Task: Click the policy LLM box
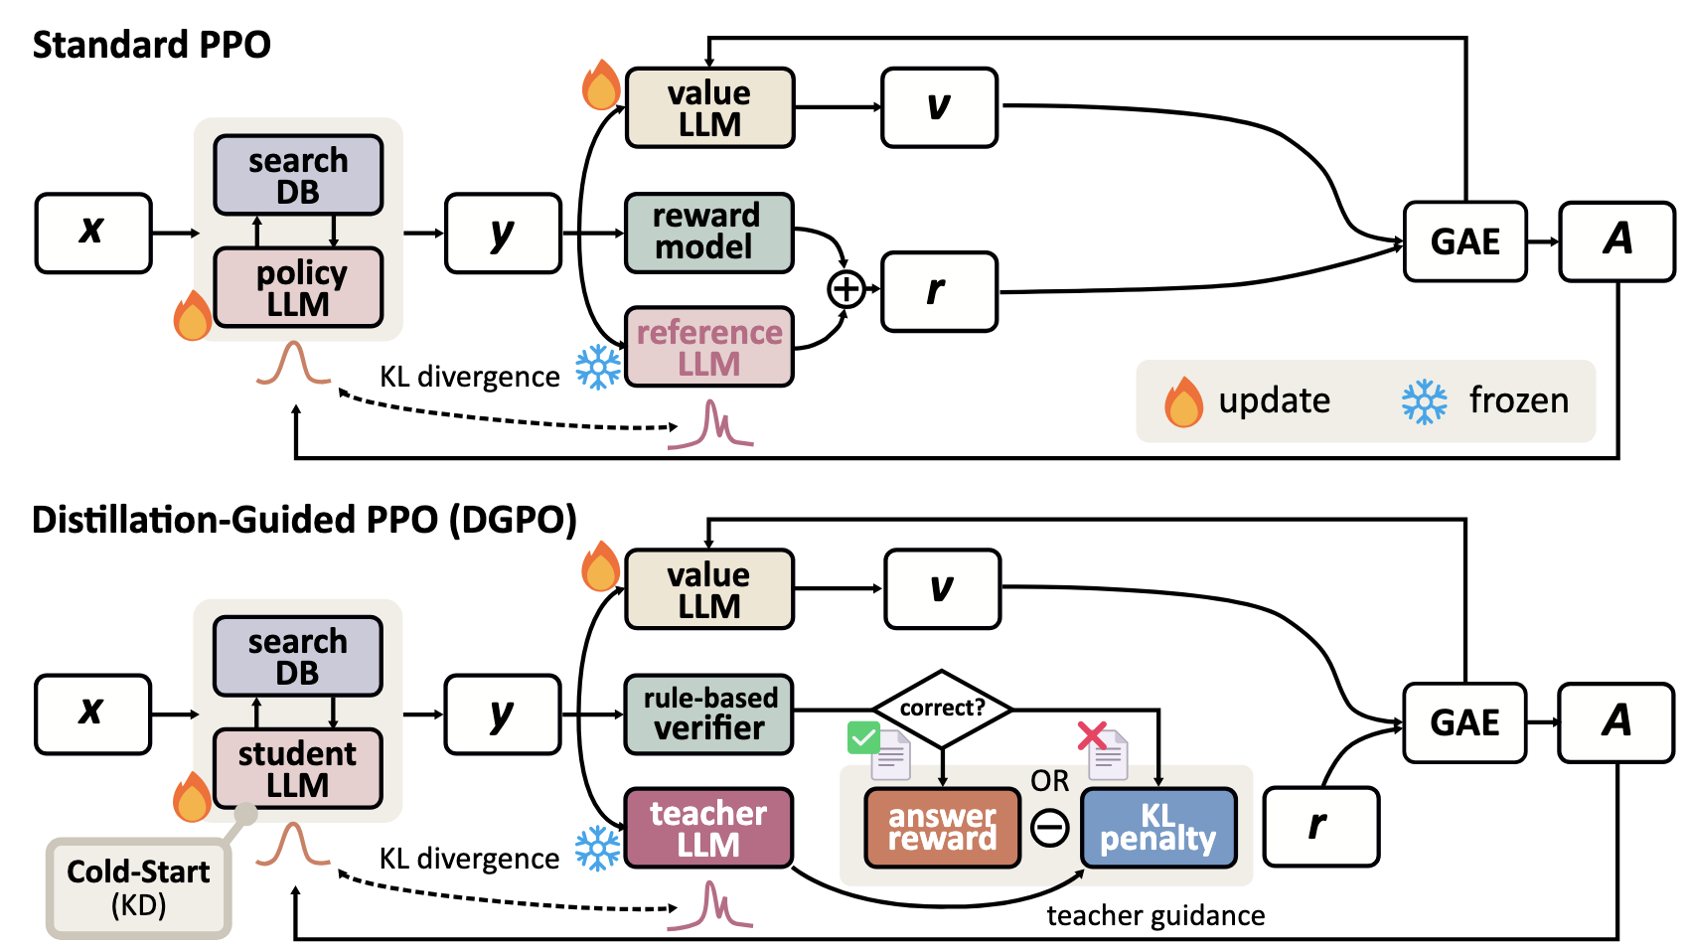(x=298, y=287)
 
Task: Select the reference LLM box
(x=708, y=347)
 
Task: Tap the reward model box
(x=708, y=233)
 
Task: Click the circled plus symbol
(x=846, y=289)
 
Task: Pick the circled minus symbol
(x=1049, y=827)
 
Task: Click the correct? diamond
(x=942, y=709)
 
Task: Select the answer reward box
(x=942, y=828)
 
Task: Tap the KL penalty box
(x=1157, y=828)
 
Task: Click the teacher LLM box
(x=708, y=828)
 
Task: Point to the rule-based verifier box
(x=708, y=714)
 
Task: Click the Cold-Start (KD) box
(x=138, y=887)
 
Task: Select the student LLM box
(x=298, y=768)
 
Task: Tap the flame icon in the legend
(x=1183, y=401)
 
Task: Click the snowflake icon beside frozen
(x=1424, y=401)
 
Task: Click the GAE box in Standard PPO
(x=1464, y=241)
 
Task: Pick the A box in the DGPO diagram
(x=1616, y=721)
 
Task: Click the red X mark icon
(x=1092, y=736)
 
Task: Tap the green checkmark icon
(x=863, y=738)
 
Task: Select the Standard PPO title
(x=151, y=45)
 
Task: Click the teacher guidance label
(x=1155, y=915)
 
